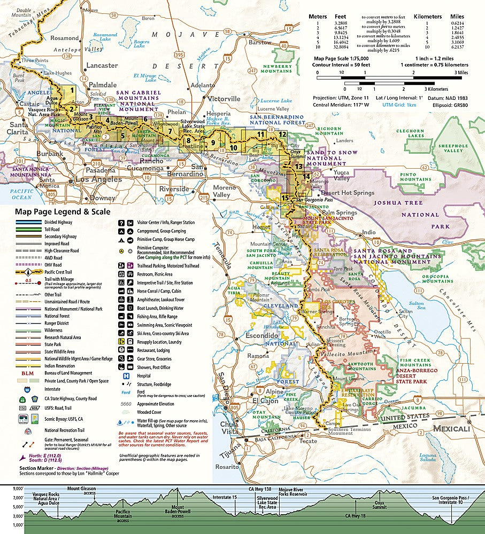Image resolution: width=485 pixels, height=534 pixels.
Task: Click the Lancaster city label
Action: click(x=102, y=66)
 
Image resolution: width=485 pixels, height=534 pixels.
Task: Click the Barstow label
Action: click(x=260, y=42)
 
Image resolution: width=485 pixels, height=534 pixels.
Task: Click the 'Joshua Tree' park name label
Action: click(x=396, y=203)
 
